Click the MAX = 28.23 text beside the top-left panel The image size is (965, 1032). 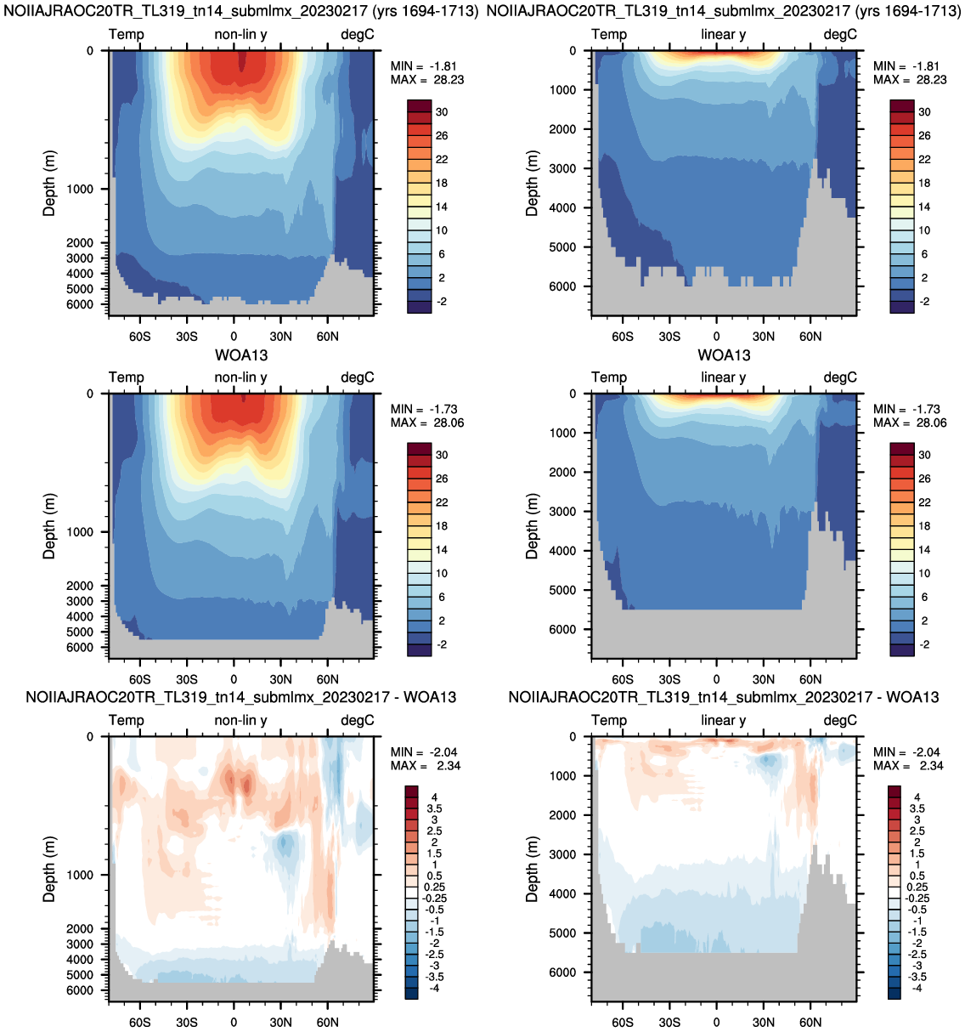pyautogui.click(x=427, y=80)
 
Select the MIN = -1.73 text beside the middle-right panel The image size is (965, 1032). pyautogui.click(x=906, y=410)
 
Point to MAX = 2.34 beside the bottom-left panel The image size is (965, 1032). pyautogui.click(x=426, y=766)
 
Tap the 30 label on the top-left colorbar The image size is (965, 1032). pyautogui.click(x=442, y=112)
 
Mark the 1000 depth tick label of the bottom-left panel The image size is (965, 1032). pyautogui.click(x=80, y=875)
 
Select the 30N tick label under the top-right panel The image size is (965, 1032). pyautogui.click(x=763, y=337)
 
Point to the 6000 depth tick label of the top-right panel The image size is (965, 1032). pyautogui.click(x=562, y=286)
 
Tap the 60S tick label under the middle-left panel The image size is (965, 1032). pyautogui.click(x=139, y=680)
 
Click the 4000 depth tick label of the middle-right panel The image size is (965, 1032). pyautogui.click(x=562, y=551)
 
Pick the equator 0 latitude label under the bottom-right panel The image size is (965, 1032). pyautogui.click(x=716, y=1023)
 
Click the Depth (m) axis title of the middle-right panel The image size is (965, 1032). pyautogui.click(x=532, y=526)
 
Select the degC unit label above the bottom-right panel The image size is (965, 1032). pyautogui.click(x=840, y=721)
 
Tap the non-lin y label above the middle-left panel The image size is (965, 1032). pyautogui.click(x=241, y=377)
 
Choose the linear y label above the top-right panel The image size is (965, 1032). pyautogui.click(x=724, y=35)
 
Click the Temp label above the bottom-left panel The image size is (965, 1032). pyautogui.click(x=127, y=721)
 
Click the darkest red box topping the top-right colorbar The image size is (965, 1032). pyautogui.click(x=901, y=106)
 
